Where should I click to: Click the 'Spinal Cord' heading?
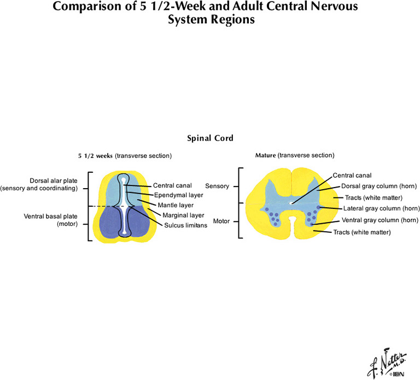210,139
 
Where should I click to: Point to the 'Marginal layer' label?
183,215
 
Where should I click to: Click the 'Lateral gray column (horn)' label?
381,208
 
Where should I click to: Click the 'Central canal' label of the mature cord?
352,176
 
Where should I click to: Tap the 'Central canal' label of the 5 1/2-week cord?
172,185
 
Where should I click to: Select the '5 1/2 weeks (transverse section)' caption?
125,156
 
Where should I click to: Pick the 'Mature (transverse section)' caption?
295,156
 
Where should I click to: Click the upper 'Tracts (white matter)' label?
374,197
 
